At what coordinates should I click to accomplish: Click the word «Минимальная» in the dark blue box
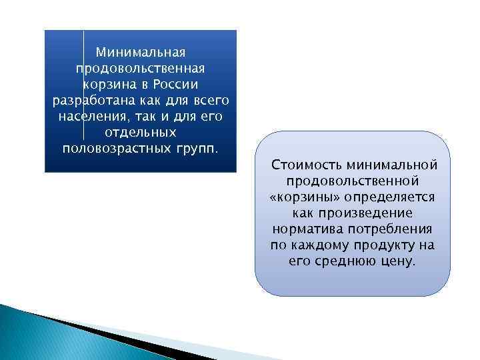tap(140, 52)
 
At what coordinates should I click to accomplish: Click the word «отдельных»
tap(140, 132)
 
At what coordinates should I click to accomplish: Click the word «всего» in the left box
tap(209, 100)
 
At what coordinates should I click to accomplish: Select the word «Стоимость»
tap(303, 165)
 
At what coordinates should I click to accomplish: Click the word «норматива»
tap(303, 229)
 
